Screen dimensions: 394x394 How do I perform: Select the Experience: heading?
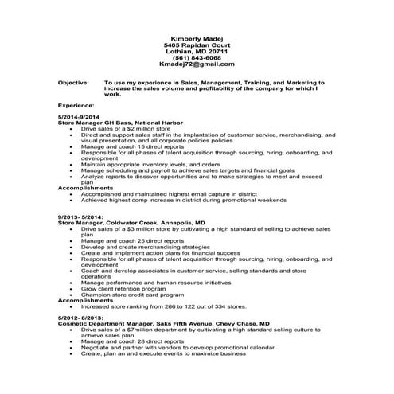coord(76,105)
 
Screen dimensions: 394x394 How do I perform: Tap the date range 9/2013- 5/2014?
coord(80,217)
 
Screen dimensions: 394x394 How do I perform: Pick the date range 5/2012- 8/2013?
coord(80,318)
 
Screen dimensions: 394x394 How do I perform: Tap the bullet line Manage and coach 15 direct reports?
coord(133,147)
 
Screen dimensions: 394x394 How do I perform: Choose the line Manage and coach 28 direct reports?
coord(133,341)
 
